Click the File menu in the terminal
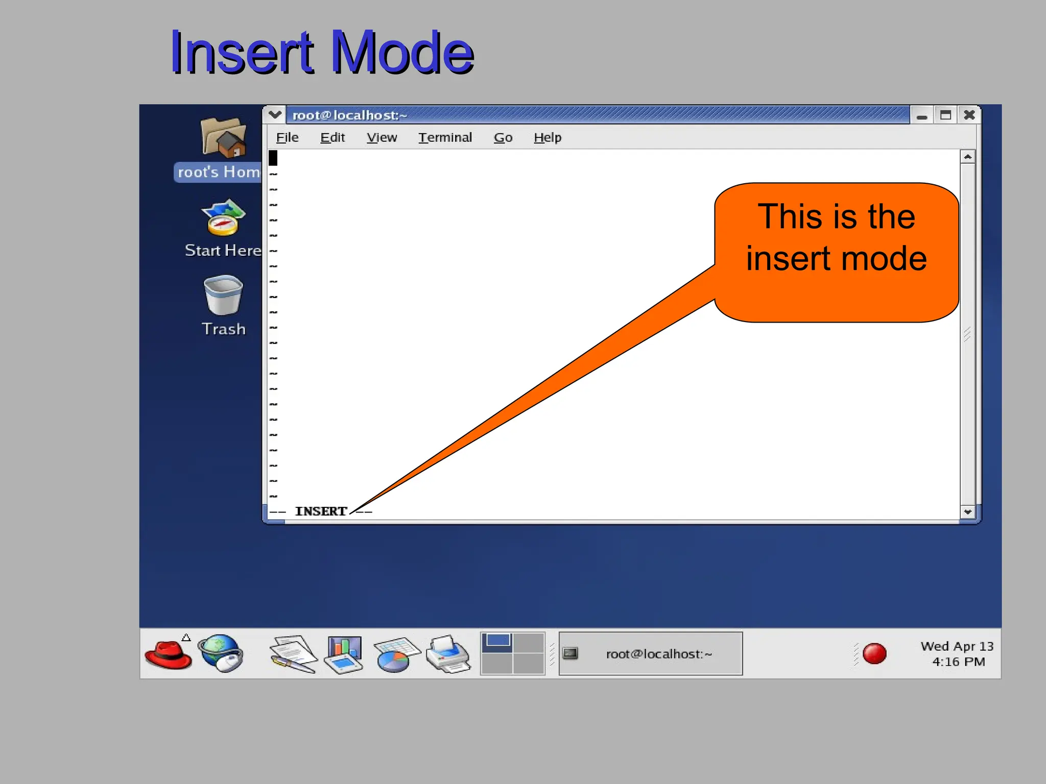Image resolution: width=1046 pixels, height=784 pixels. point(287,137)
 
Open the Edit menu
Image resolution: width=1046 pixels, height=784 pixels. point(332,137)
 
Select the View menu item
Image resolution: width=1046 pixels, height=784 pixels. point(382,137)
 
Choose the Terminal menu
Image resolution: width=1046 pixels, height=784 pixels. point(445,137)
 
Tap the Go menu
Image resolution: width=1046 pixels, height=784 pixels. point(503,137)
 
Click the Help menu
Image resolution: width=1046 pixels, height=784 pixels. point(548,137)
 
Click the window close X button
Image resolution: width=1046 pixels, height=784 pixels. point(969,115)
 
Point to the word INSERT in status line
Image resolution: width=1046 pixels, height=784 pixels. point(321,511)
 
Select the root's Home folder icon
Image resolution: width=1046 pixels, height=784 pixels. point(223,138)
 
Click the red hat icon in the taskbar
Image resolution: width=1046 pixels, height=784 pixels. point(168,654)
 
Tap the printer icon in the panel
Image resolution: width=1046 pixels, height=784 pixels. point(448,654)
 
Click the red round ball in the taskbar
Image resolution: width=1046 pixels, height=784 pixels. point(874,654)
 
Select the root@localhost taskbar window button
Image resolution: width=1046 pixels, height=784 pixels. point(650,654)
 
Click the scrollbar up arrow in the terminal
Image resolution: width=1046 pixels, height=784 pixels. point(967,157)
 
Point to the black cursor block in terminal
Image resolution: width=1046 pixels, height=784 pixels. point(273,158)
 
